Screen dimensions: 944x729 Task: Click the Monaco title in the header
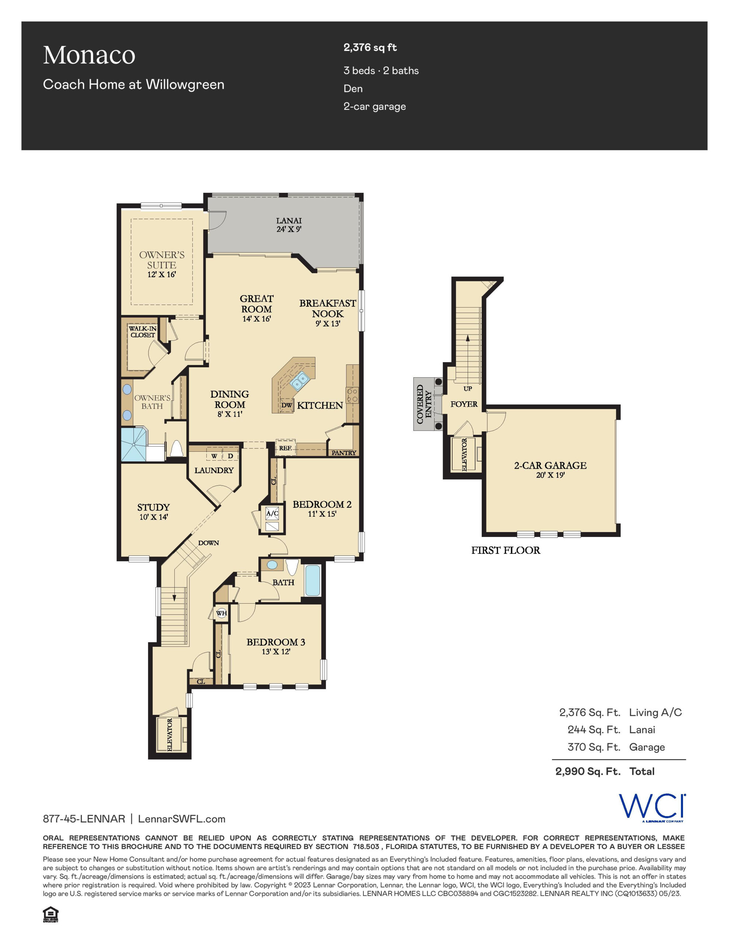click(89, 55)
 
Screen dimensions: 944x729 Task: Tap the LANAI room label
click(289, 221)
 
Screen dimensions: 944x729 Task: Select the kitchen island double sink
click(299, 381)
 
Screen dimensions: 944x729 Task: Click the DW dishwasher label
click(286, 405)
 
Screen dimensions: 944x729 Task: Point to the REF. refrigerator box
click(285, 448)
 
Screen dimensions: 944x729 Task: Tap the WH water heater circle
click(221, 613)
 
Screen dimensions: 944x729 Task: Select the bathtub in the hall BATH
click(313, 580)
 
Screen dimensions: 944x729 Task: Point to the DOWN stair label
click(208, 543)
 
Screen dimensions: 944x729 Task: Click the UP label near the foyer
click(468, 389)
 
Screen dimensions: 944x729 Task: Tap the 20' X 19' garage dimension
click(550, 475)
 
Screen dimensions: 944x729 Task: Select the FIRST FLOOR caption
click(506, 550)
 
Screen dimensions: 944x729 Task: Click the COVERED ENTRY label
click(424, 404)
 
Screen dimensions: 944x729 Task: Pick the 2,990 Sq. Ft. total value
click(588, 771)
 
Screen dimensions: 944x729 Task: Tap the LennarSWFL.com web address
click(181, 819)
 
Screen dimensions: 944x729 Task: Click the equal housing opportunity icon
click(50, 914)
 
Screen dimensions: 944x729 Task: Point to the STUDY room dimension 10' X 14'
click(153, 517)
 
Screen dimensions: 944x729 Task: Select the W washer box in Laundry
click(214, 456)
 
